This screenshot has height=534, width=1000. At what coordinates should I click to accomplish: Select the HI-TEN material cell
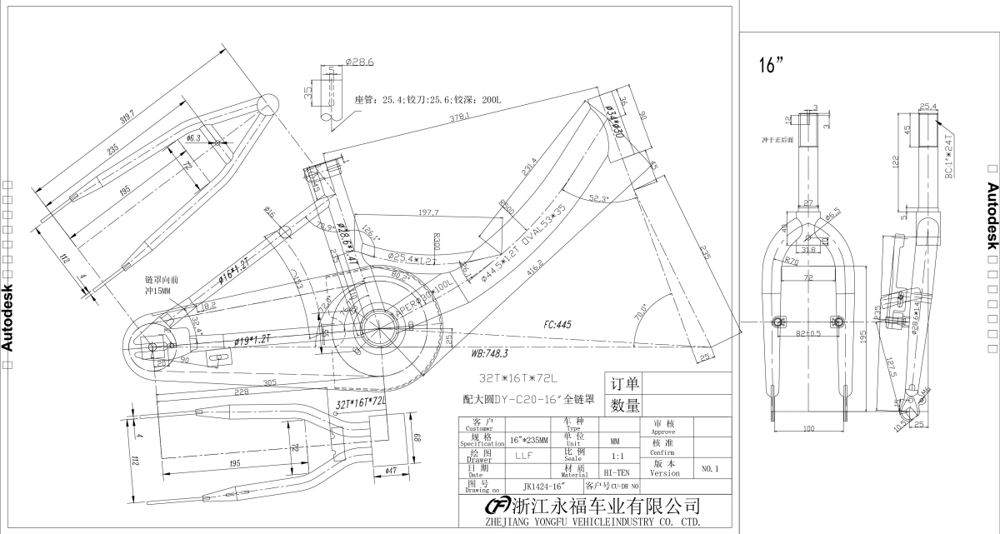coord(616,472)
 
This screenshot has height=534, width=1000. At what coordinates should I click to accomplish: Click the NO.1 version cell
coord(710,468)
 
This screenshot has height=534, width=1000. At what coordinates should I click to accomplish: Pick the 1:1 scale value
coord(617,457)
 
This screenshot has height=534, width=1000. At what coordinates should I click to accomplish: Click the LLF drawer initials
coord(523,456)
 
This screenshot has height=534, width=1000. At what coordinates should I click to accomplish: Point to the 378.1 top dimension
coord(459,117)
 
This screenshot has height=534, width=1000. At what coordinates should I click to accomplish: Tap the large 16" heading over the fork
coord(773,67)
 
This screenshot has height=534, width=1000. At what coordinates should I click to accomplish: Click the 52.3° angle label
coord(598,199)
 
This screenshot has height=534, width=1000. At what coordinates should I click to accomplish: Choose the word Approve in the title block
coord(663,433)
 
